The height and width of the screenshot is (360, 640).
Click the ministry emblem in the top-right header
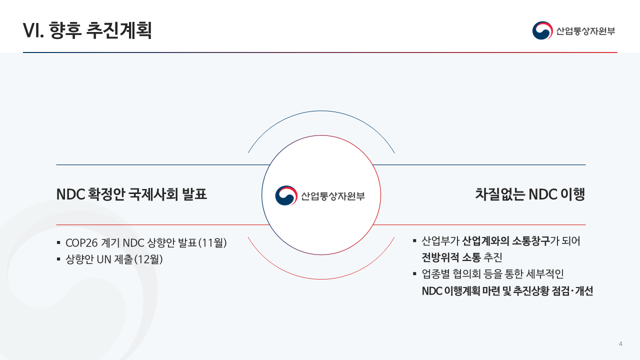542,31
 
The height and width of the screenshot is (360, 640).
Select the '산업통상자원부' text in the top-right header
585,31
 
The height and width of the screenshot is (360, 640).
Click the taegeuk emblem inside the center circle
286,195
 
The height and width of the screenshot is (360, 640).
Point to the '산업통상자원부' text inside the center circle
332,196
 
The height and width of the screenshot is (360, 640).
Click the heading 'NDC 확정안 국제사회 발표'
131,194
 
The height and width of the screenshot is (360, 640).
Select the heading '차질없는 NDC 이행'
530,194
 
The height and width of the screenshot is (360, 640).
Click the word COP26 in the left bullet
82,243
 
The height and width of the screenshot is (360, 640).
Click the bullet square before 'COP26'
58,243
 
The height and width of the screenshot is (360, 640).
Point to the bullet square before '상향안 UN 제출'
58,259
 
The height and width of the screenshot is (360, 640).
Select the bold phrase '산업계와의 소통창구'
505,241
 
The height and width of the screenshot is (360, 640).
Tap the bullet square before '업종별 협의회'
414,274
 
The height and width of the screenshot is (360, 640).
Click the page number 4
620,343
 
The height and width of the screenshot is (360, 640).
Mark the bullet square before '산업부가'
414,241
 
